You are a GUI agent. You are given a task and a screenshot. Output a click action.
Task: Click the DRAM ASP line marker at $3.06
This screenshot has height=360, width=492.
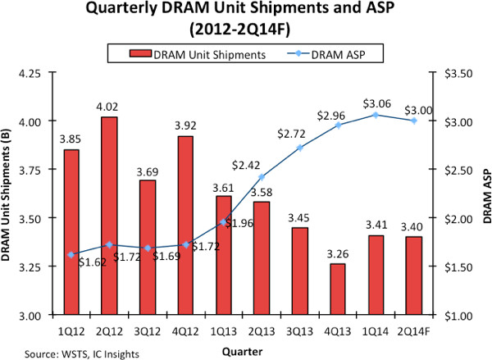click(x=375, y=115)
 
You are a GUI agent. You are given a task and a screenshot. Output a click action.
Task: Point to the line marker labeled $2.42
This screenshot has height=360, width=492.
click(x=262, y=177)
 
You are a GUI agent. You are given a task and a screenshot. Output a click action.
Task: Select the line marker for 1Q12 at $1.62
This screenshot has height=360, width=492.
click(x=71, y=255)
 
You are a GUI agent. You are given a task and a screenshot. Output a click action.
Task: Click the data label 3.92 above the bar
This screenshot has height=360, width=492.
click(x=185, y=126)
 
